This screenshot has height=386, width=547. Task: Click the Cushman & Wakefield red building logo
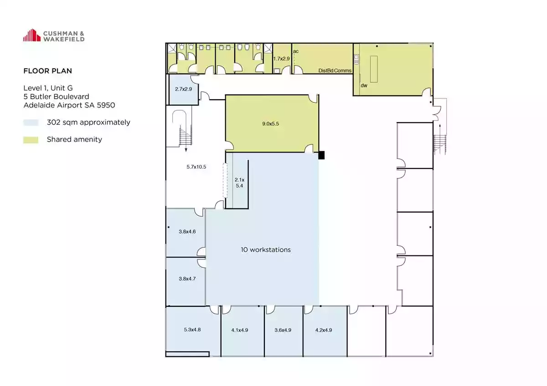pyautogui.click(x=32, y=36)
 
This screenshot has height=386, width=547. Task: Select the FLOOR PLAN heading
pyautogui.click(x=47, y=71)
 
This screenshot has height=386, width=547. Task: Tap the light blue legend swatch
pyautogui.click(x=31, y=122)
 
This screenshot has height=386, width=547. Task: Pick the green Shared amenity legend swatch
pyautogui.click(x=31, y=140)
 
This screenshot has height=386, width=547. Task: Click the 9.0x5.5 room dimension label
pyautogui.click(x=271, y=124)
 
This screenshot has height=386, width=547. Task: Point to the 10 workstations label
pyautogui.click(x=266, y=250)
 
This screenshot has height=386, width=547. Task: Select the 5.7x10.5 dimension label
pyautogui.click(x=196, y=167)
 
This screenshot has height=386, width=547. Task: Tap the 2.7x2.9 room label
pyautogui.click(x=183, y=89)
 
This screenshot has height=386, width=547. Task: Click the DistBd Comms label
pyautogui.click(x=335, y=71)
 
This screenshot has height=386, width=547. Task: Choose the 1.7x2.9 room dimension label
pyautogui.click(x=281, y=59)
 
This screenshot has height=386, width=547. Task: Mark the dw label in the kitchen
pyautogui.click(x=364, y=85)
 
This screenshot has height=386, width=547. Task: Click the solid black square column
pyautogui.click(x=321, y=155)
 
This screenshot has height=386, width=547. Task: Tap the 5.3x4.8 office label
pyautogui.click(x=192, y=330)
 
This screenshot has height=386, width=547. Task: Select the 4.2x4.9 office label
pyautogui.click(x=324, y=330)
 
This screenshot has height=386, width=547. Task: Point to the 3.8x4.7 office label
pyautogui.click(x=187, y=279)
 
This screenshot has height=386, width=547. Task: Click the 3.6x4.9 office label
pyautogui.click(x=283, y=330)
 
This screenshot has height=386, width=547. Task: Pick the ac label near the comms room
pyautogui.click(x=296, y=51)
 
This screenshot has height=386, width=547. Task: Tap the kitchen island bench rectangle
pyautogui.click(x=374, y=69)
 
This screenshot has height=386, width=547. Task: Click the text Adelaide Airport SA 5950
pyautogui.click(x=69, y=105)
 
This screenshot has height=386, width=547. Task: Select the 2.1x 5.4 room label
pyautogui.click(x=239, y=183)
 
